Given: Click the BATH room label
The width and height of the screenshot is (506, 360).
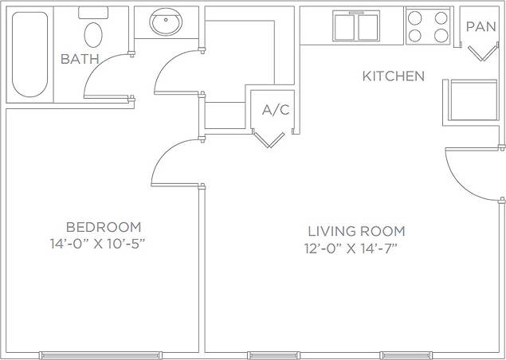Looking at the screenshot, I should [80, 59].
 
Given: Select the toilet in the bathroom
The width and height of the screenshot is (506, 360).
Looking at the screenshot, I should [93, 33].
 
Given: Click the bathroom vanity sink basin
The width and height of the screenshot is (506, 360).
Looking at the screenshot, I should [167, 22].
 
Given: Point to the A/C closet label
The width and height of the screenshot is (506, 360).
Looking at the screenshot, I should [276, 110].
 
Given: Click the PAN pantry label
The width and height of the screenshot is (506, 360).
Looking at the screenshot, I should [481, 26].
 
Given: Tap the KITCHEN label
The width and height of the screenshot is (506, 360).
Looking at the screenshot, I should [393, 76].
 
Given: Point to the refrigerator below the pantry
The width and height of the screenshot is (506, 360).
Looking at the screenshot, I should [470, 100].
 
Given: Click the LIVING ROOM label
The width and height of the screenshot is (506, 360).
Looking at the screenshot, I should [356, 231].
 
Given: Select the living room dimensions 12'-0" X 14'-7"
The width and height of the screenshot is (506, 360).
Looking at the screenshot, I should [351, 248].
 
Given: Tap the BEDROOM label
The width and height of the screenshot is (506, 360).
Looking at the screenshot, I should [104, 227].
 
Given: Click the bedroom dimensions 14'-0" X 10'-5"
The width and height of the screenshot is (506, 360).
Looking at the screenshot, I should [96, 243].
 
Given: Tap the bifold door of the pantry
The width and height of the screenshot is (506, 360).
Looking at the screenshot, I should [481, 54].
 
